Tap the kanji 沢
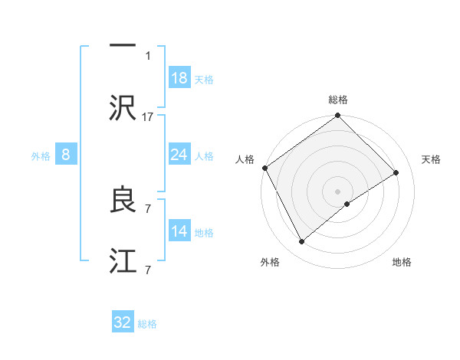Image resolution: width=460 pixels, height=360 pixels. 123,108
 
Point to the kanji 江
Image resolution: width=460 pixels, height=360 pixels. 123,261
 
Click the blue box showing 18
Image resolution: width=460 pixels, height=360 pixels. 179,78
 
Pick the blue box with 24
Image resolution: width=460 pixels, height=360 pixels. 179,155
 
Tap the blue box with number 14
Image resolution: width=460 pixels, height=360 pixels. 179,231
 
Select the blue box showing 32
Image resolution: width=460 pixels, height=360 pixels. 123,322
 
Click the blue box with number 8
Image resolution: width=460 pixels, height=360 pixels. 66,155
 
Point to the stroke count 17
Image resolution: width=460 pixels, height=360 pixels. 148,116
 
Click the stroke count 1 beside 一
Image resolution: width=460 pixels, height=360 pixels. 148,55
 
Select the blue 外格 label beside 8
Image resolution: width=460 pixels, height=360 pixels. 41,156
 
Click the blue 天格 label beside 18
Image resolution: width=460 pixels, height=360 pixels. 204,80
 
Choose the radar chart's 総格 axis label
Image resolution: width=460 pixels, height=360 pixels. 338,100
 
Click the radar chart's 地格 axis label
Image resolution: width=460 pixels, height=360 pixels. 402,263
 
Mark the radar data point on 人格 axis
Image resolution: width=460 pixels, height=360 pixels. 265,168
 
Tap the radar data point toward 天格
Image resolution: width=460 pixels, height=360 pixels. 396,172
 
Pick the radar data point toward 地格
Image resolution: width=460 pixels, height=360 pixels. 348,204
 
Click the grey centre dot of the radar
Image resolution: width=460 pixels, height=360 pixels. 338,191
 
